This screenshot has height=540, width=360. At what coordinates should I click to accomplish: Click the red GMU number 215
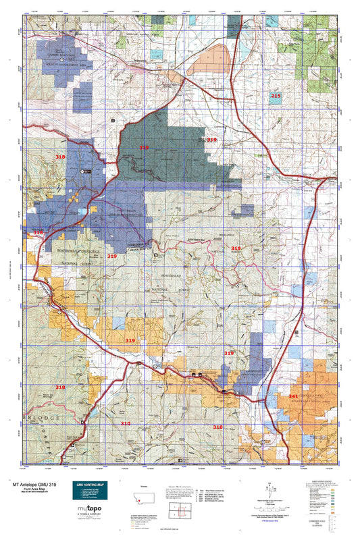coord(276,97)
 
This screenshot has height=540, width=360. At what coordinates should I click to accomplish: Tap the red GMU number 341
coord(293,396)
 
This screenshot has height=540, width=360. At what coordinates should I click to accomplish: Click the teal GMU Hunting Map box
coord(95,493)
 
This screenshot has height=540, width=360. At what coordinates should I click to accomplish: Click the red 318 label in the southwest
coord(61,387)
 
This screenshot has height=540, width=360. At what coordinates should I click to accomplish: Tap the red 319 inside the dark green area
coord(144,147)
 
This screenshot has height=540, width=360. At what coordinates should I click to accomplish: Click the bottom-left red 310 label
coord(126,423)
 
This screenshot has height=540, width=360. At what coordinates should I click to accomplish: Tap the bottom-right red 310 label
coord(217,427)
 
